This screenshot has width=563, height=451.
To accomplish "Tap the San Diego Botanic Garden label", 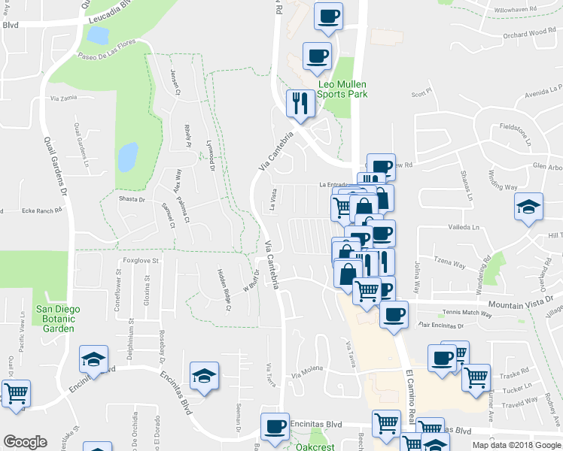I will tap(57, 319).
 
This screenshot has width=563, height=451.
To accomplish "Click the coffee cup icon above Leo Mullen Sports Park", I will tap(317, 56).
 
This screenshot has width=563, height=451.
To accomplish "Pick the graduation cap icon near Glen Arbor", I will tap(528, 207).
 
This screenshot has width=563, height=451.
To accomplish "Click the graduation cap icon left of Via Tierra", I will tap(203, 377).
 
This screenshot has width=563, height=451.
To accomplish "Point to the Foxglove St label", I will tap(142, 261).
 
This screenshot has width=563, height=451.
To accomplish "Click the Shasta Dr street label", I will tap(132, 199).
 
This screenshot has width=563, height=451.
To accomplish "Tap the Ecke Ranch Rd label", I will tap(41, 211).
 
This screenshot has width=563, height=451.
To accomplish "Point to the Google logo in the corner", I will tap(25, 442).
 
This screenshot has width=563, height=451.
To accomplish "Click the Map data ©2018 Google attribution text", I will tap(516, 445).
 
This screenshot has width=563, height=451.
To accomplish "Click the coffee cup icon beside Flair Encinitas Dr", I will tap(393, 315).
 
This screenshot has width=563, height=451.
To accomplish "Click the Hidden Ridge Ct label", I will tap(224, 289).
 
